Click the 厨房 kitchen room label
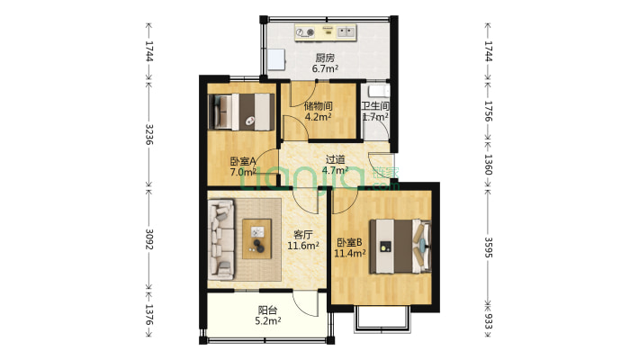[325, 58]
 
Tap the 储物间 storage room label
[318, 106]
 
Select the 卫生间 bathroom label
[375, 106]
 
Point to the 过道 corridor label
[335, 160]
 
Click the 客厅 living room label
[302, 235]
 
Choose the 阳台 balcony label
[267, 310]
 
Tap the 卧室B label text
[349, 243]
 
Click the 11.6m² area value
[302, 246]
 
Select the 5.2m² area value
[267, 321]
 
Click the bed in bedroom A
[241, 112]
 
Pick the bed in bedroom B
[400, 247]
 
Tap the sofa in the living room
[221, 239]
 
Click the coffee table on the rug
[256, 238]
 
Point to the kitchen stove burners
[305, 32]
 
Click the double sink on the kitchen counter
[346, 31]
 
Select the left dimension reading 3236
[148, 134]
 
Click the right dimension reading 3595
[488, 247]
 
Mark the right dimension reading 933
[488, 320]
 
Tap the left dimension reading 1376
[148, 315]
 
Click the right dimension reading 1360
[488, 164]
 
